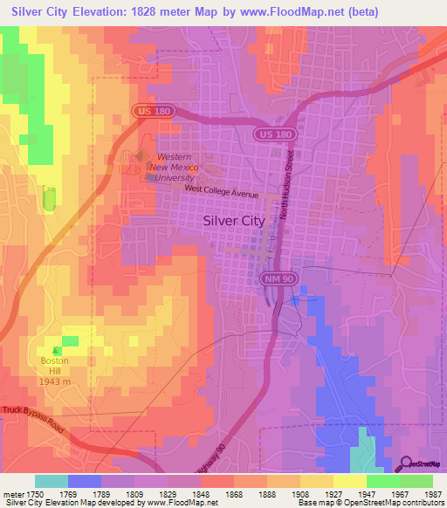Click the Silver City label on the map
click(x=233, y=221)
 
